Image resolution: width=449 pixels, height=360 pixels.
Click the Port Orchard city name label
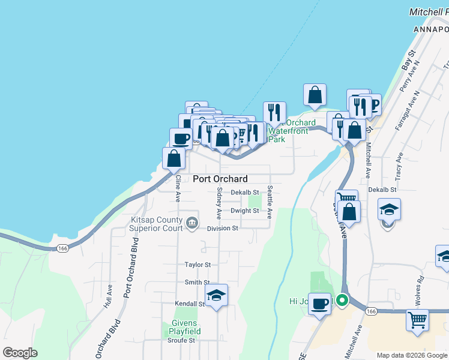[x=220, y=179]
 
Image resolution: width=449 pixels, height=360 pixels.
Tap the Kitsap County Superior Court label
[x=157, y=224]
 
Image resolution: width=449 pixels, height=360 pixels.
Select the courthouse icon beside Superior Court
[x=191, y=223]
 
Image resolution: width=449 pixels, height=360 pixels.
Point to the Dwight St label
[x=244, y=211]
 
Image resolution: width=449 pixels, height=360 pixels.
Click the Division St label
[x=223, y=229]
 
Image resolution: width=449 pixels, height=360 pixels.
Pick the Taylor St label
[x=197, y=264]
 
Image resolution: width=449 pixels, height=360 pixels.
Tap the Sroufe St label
[x=181, y=340]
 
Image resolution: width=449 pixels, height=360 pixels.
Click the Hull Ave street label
[x=109, y=295]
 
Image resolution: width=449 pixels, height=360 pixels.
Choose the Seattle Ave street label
[x=270, y=201]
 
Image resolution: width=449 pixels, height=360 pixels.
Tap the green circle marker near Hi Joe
[x=342, y=300]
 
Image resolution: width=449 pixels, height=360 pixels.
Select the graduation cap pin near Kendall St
[x=216, y=295]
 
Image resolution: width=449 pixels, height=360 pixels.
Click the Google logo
[x=20, y=353]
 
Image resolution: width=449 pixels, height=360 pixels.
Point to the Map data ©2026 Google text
[x=412, y=355]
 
